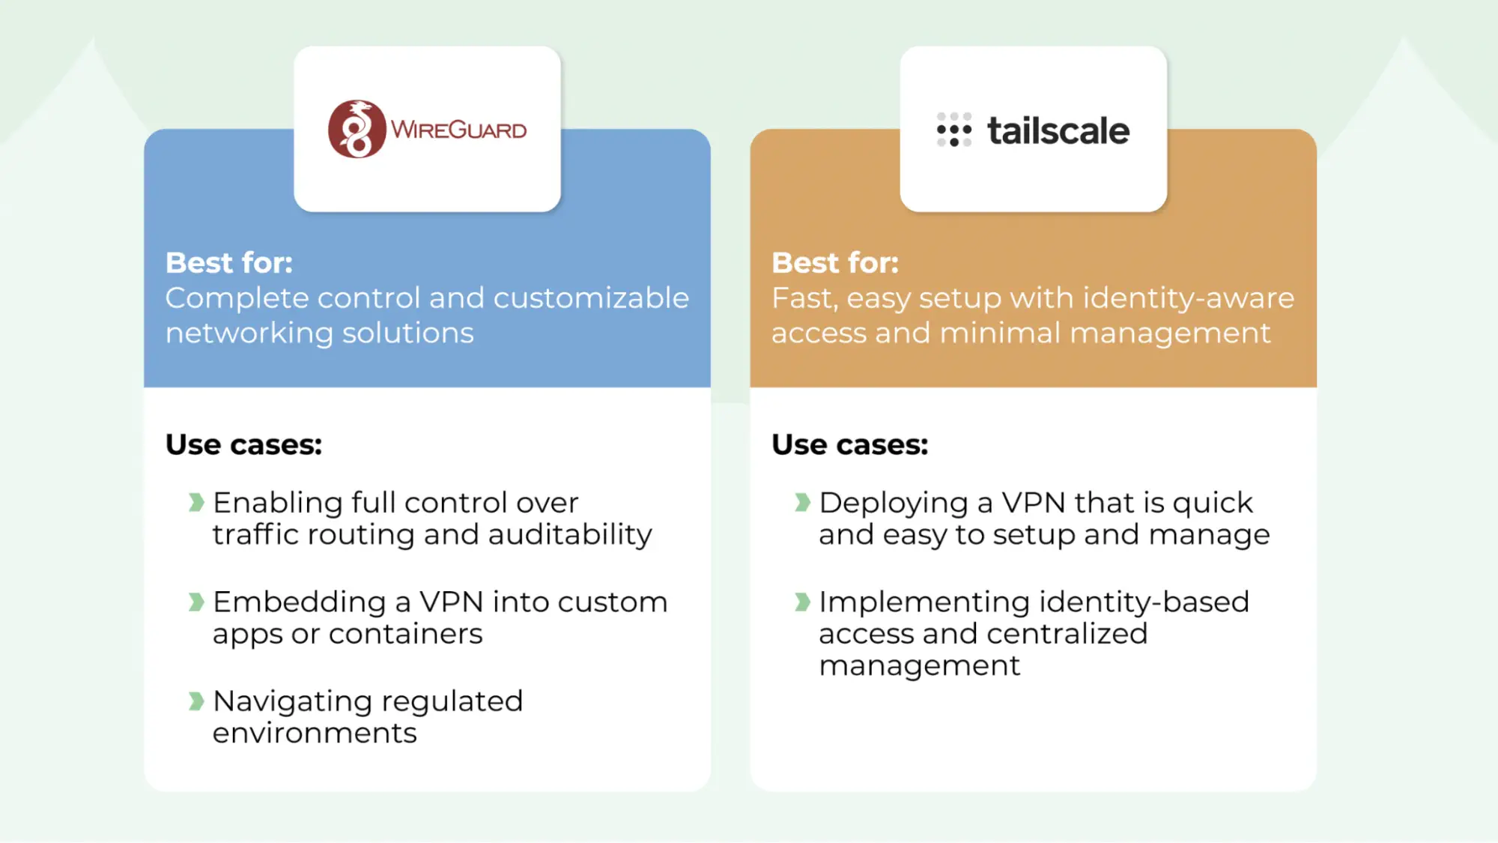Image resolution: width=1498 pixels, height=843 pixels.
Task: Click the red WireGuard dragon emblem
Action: point(357,129)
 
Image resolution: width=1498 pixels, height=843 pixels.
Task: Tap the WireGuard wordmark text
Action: point(458,130)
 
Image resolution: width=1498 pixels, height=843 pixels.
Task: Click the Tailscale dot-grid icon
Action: point(953,130)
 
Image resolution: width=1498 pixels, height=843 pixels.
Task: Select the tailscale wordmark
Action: point(1058,131)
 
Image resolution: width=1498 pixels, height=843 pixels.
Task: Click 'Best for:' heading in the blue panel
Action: point(229,263)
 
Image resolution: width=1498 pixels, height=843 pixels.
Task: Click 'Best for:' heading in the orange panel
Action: point(835,263)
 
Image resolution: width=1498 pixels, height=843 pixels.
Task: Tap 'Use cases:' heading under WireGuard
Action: point(243,444)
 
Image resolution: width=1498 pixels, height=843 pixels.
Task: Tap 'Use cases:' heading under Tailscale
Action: point(850,444)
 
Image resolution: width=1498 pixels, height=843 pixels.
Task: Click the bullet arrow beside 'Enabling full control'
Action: point(196,502)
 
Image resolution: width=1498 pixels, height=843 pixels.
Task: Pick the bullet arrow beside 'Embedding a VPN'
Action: point(196,602)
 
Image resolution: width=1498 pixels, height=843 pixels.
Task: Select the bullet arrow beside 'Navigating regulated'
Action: point(196,701)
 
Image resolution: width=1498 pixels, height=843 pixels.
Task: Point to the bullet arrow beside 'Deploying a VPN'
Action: point(802,502)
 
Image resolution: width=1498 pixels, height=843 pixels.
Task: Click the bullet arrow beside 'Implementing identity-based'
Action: point(802,602)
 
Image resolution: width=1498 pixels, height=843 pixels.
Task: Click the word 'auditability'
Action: point(570,535)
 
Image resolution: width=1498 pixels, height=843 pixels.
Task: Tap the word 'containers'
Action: point(405,635)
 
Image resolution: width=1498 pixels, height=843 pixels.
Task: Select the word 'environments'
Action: point(315,733)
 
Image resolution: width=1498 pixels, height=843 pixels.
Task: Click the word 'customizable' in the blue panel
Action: point(591,298)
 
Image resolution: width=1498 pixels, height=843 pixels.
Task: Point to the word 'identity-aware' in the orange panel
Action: point(1189,298)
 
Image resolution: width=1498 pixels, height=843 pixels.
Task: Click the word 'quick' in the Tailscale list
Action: point(1213,504)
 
